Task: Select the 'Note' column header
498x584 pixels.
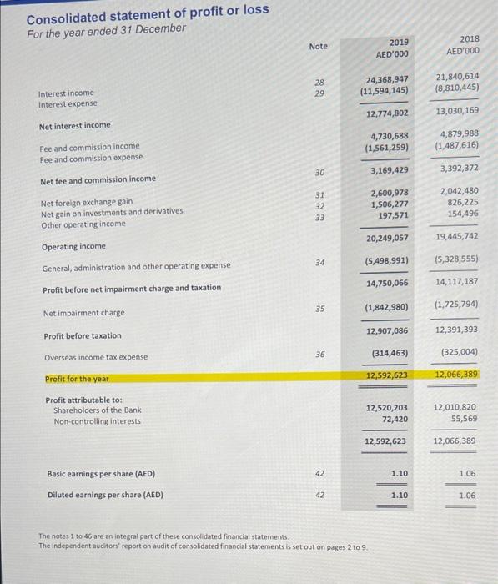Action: [318, 47]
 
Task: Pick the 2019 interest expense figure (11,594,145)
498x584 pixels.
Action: [385, 90]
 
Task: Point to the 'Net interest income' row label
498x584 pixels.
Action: [74, 125]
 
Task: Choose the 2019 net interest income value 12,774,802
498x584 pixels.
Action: [387, 113]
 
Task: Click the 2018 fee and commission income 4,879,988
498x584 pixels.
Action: [457, 133]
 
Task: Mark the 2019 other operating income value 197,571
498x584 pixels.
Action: [393, 215]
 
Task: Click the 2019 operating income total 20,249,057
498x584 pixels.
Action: [387, 239]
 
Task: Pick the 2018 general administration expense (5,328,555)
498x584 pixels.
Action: [456, 259]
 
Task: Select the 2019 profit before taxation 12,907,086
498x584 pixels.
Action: [387, 331]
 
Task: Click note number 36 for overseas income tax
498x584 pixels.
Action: [319, 354]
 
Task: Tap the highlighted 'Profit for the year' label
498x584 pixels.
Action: [77, 379]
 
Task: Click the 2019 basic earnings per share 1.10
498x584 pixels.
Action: [399, 473]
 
